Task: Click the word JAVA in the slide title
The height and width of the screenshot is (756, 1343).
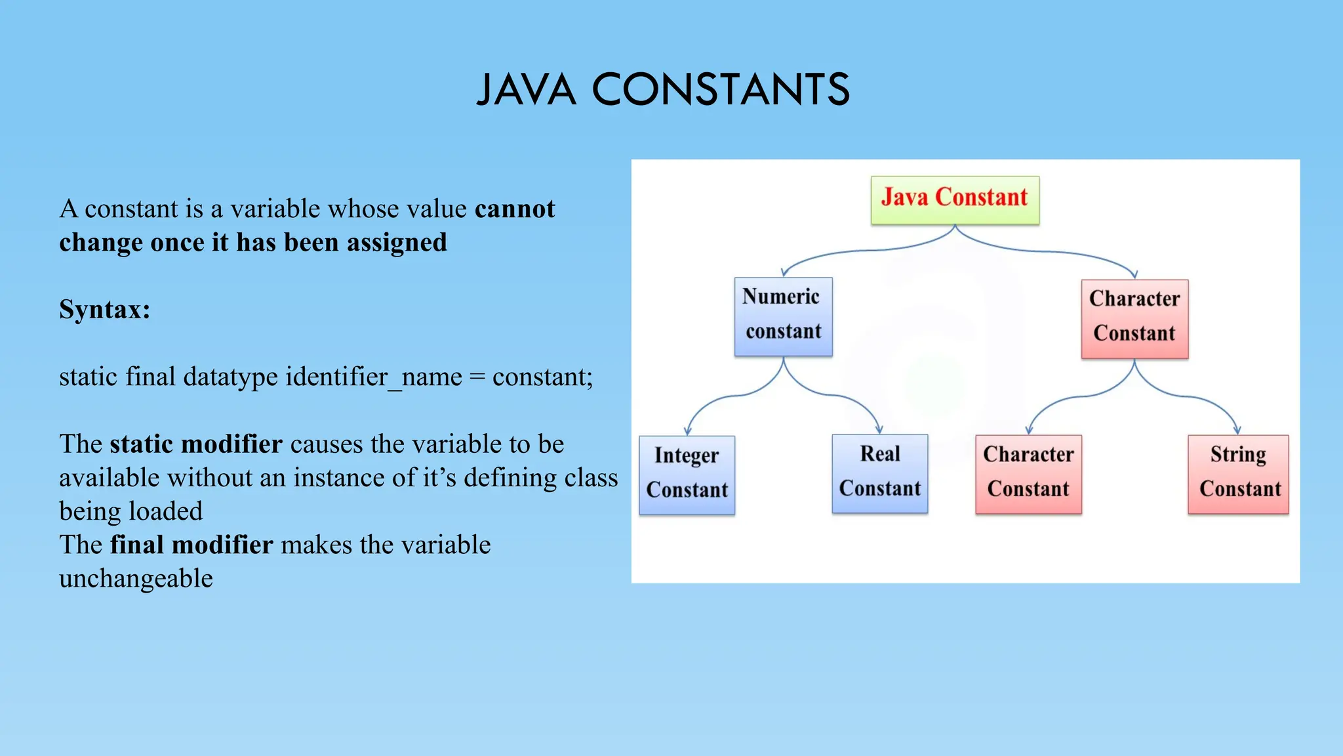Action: point(526,90)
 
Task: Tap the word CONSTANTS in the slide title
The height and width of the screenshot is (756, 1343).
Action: point(721,90)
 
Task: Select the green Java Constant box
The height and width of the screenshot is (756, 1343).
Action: point(954,199)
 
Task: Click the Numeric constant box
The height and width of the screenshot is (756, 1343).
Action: point(783,316)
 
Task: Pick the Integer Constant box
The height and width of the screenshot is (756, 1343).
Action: point(687,474)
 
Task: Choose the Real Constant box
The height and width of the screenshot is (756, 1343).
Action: point(879,472)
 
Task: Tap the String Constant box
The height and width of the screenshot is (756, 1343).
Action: point(1238,474)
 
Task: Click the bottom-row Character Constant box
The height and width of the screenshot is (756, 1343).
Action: point(1028,474)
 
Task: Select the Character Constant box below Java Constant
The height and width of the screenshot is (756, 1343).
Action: point(1134,318)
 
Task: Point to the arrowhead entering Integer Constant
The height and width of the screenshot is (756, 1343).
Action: point(687,430)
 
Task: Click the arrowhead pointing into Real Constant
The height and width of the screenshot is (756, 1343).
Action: point(879,429)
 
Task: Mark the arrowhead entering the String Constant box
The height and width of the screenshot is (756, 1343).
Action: point(1237,430)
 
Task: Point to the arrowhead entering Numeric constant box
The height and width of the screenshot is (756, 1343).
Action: point(784,272)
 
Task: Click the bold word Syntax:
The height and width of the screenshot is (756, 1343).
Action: point(105,309)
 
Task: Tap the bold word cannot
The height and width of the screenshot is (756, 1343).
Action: point(515,209)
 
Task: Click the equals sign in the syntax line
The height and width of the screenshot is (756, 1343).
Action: point(477,377)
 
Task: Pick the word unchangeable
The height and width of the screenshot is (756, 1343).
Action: point(136,579)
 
